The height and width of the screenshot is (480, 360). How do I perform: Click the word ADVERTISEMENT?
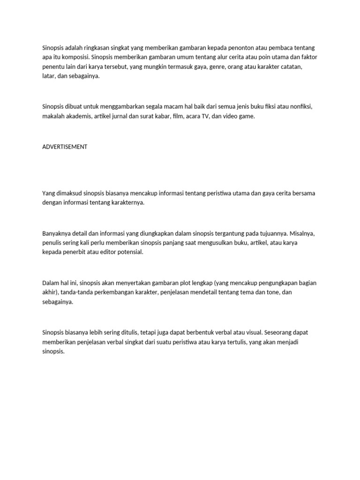pyautogui.click(x=65, y=147)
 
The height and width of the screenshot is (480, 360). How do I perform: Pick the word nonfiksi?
pyautogui.click(x=300, y=107)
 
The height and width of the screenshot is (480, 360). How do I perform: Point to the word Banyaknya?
pyautogui.click(x=57, y=233)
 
